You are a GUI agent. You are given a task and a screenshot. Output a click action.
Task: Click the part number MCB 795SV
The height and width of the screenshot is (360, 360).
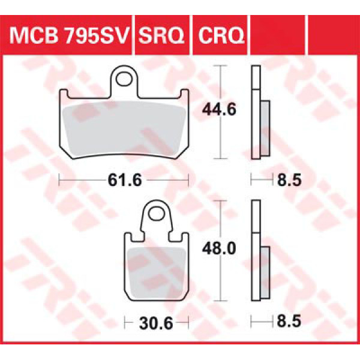(69, 35)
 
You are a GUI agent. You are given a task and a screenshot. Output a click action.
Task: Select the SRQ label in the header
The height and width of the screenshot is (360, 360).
(161, 35)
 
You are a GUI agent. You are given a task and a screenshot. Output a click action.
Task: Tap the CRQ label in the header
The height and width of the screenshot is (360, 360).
(221, 35)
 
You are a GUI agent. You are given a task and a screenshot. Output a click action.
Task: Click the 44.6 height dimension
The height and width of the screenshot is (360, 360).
(219, 110)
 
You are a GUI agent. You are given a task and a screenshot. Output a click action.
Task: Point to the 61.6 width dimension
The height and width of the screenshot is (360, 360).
(125, 180)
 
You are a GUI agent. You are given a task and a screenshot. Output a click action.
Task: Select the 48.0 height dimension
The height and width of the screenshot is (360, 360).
(219, 248)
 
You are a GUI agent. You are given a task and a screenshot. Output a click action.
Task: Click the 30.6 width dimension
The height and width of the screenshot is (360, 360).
(156, 323)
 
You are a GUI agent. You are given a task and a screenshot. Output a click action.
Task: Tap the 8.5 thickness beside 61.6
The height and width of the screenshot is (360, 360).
(289, 180)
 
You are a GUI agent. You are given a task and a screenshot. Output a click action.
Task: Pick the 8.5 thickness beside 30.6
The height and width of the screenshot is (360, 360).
(289, 321)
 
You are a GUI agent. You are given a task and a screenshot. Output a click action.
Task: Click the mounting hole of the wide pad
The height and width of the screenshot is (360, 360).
(124, 79)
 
